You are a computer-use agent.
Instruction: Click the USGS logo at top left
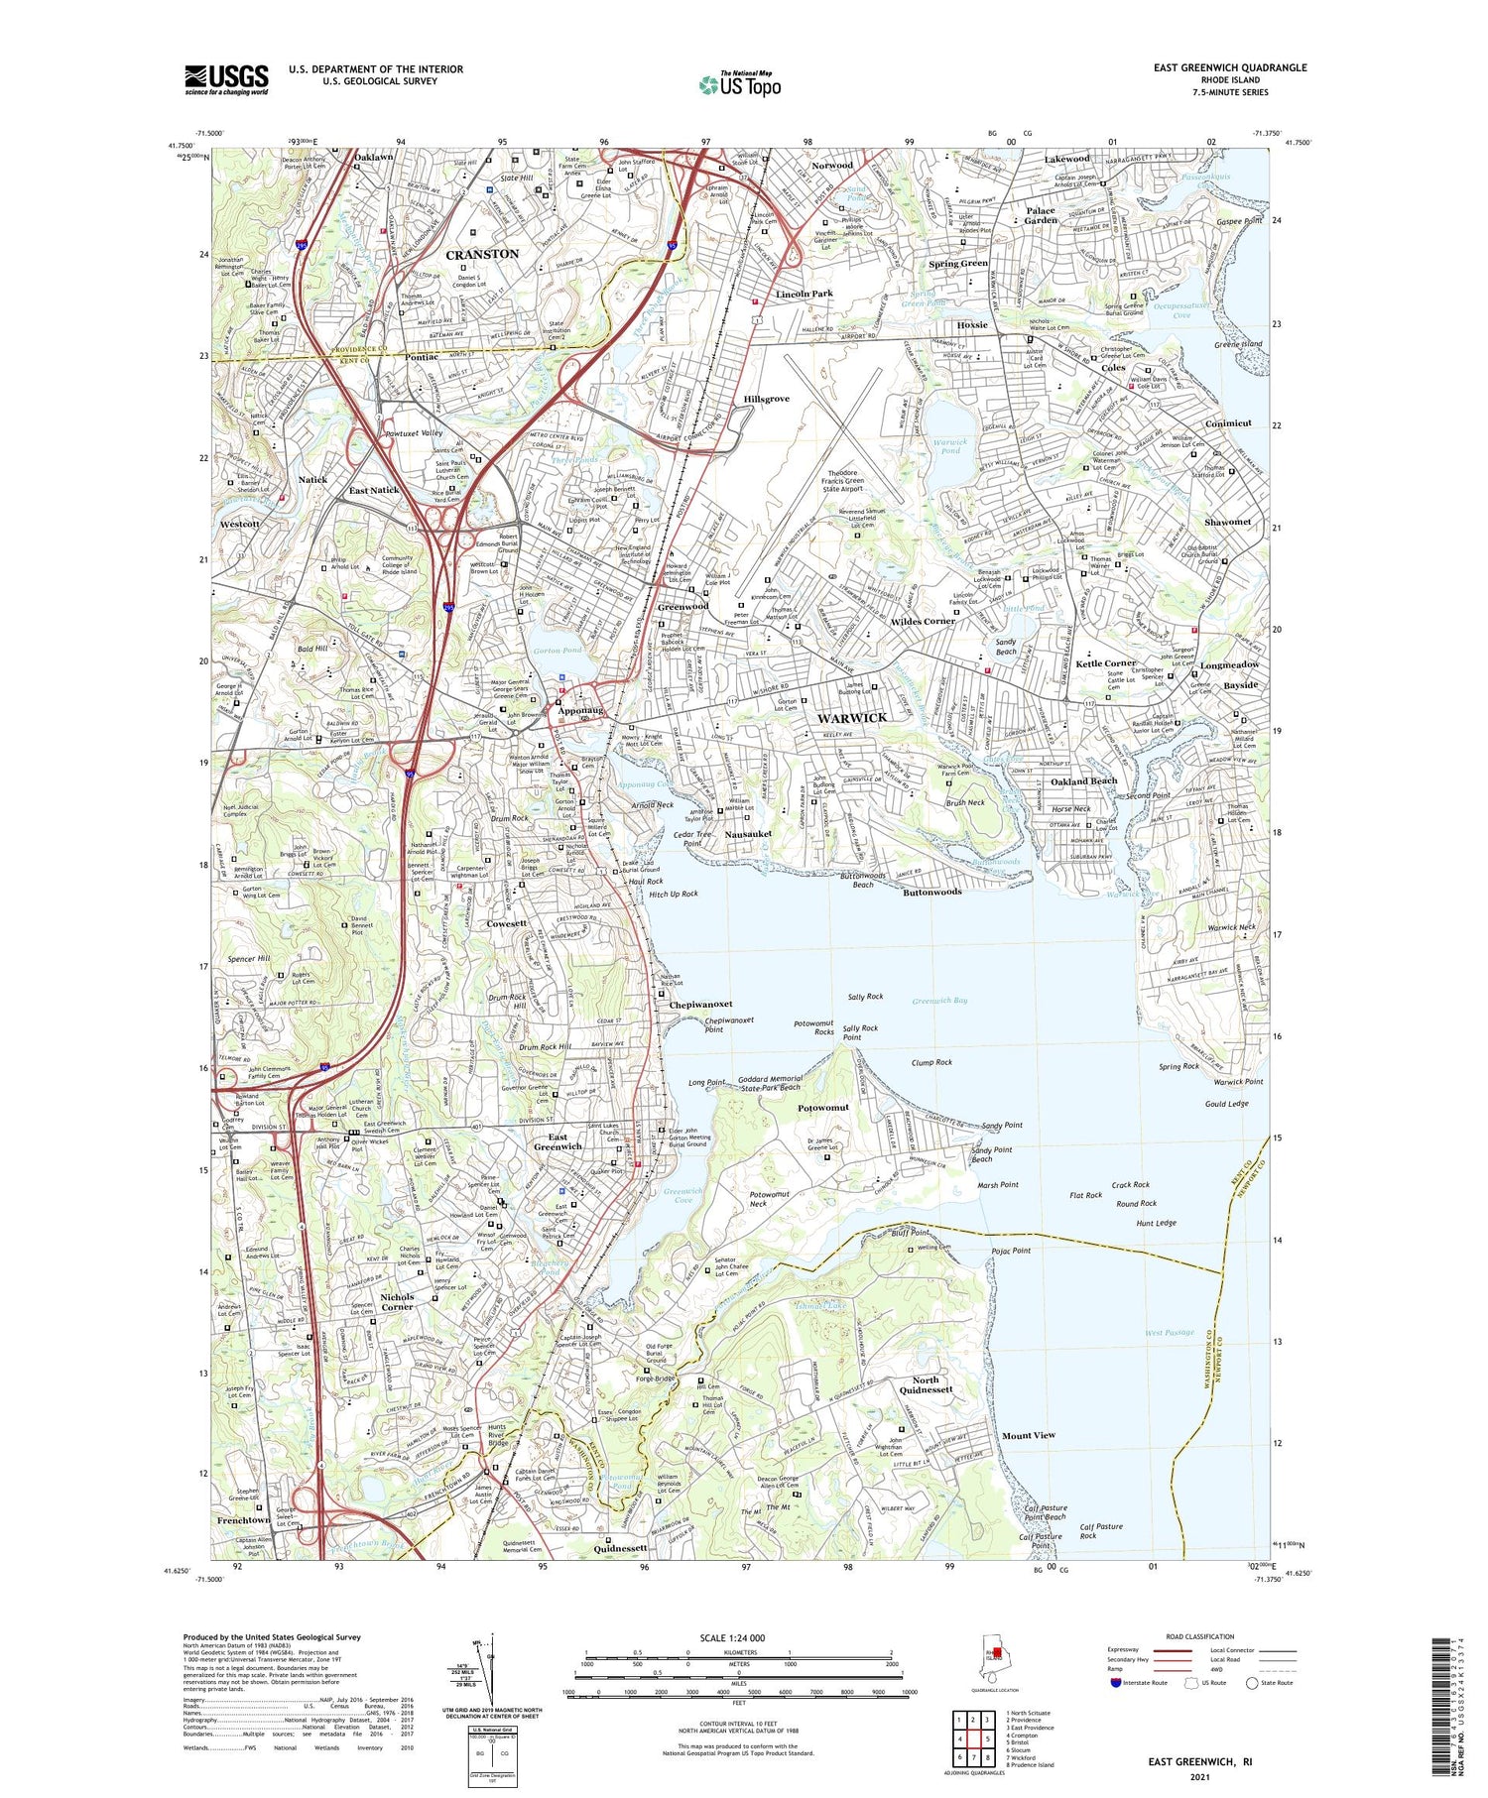tap(226, 79)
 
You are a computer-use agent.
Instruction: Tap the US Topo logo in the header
tap(739, 85)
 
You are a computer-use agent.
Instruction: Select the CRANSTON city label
tap(482, 254)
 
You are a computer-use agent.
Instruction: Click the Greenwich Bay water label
tap(939, 1001)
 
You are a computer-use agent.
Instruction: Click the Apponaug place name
tap(581, 710)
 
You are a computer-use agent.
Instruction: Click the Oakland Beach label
tap(1083, 780)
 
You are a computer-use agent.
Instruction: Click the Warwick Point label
tap(1238, 1082)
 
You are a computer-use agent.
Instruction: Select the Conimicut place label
tap(1228, 423)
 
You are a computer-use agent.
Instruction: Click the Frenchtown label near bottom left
tap(244, 1520)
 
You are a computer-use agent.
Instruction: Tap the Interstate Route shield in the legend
tap(1116, 1683)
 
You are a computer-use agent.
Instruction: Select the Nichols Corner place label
tap(396, 1301)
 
